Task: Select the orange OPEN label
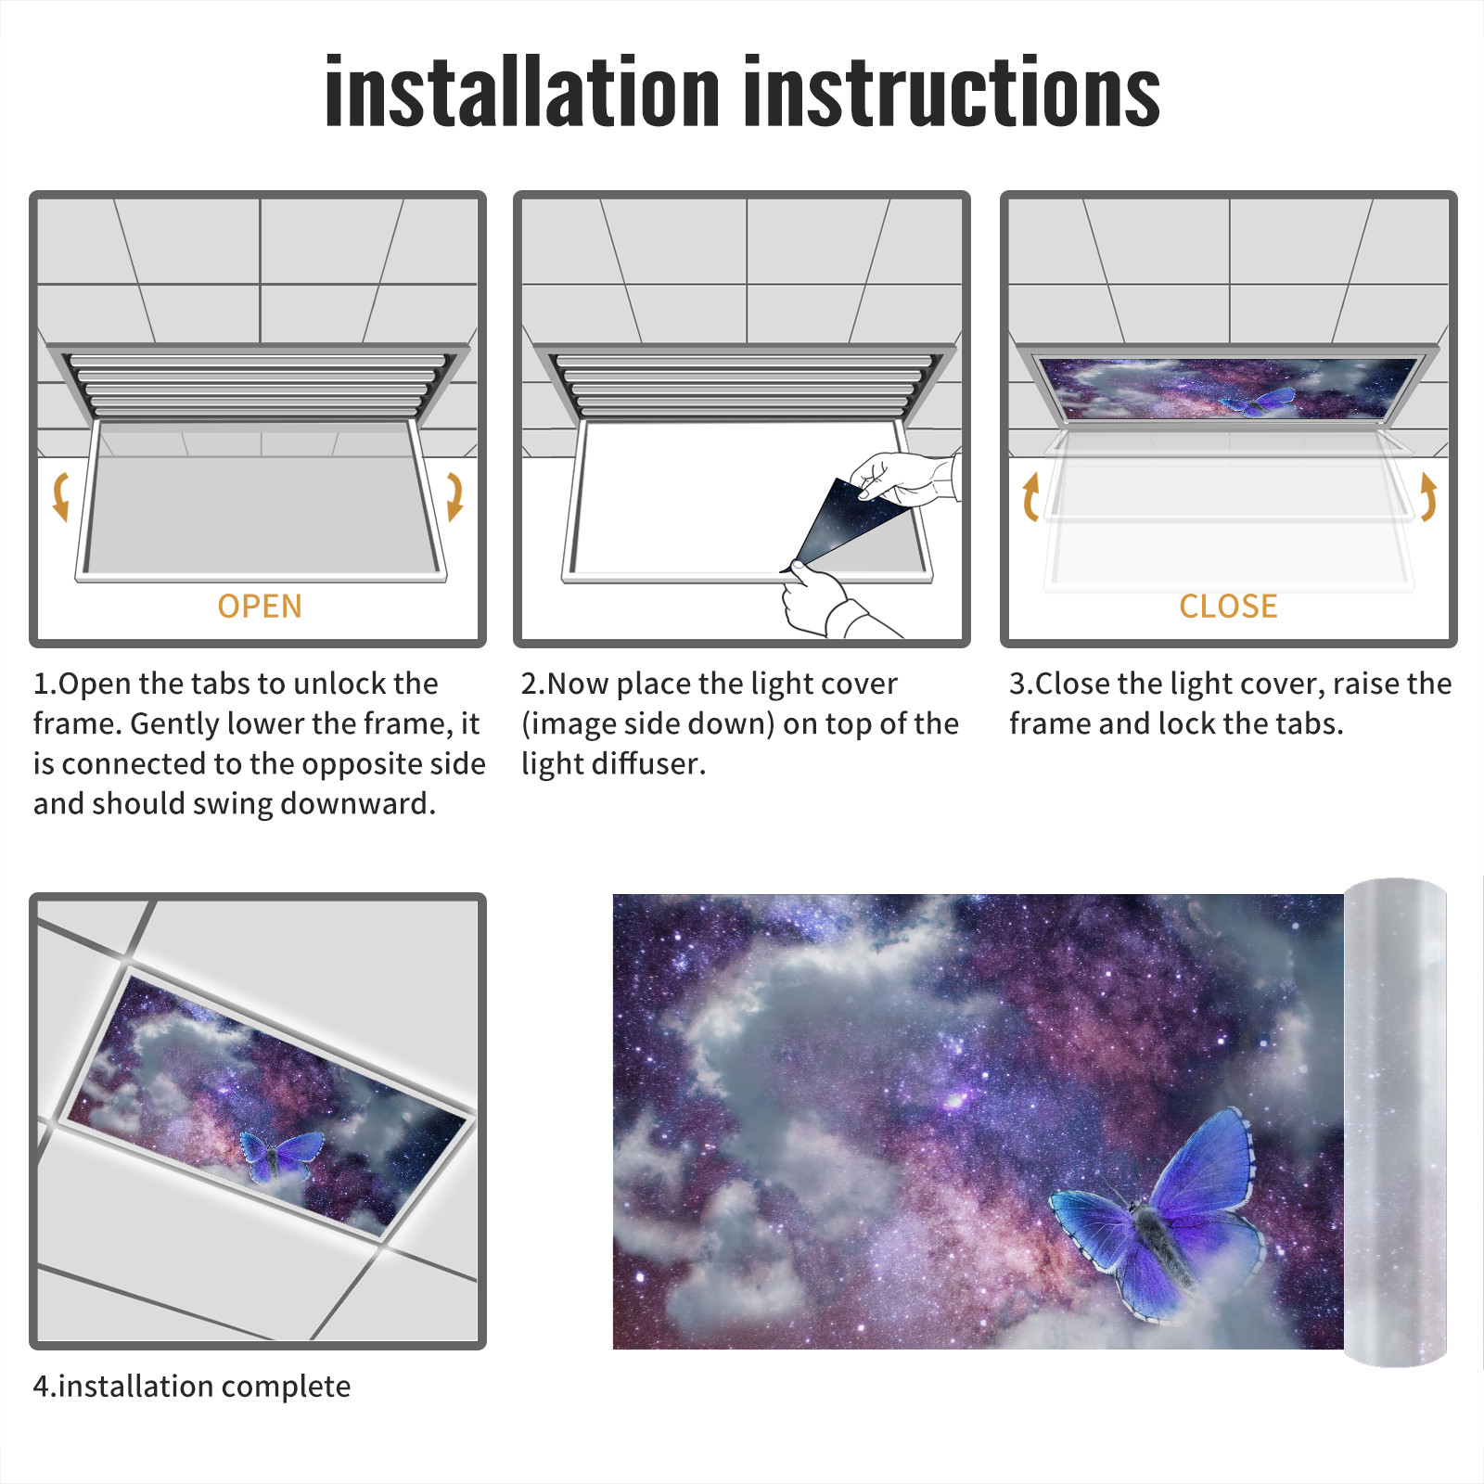click(260, 606)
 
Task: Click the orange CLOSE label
click(1228, 606)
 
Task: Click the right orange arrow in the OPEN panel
click(454, 496)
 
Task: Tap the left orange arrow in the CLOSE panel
click(1030, 496)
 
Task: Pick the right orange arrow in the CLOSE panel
click(1428, 496)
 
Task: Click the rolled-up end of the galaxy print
click(1395, 1122)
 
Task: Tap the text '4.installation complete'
click(192, 1387)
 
